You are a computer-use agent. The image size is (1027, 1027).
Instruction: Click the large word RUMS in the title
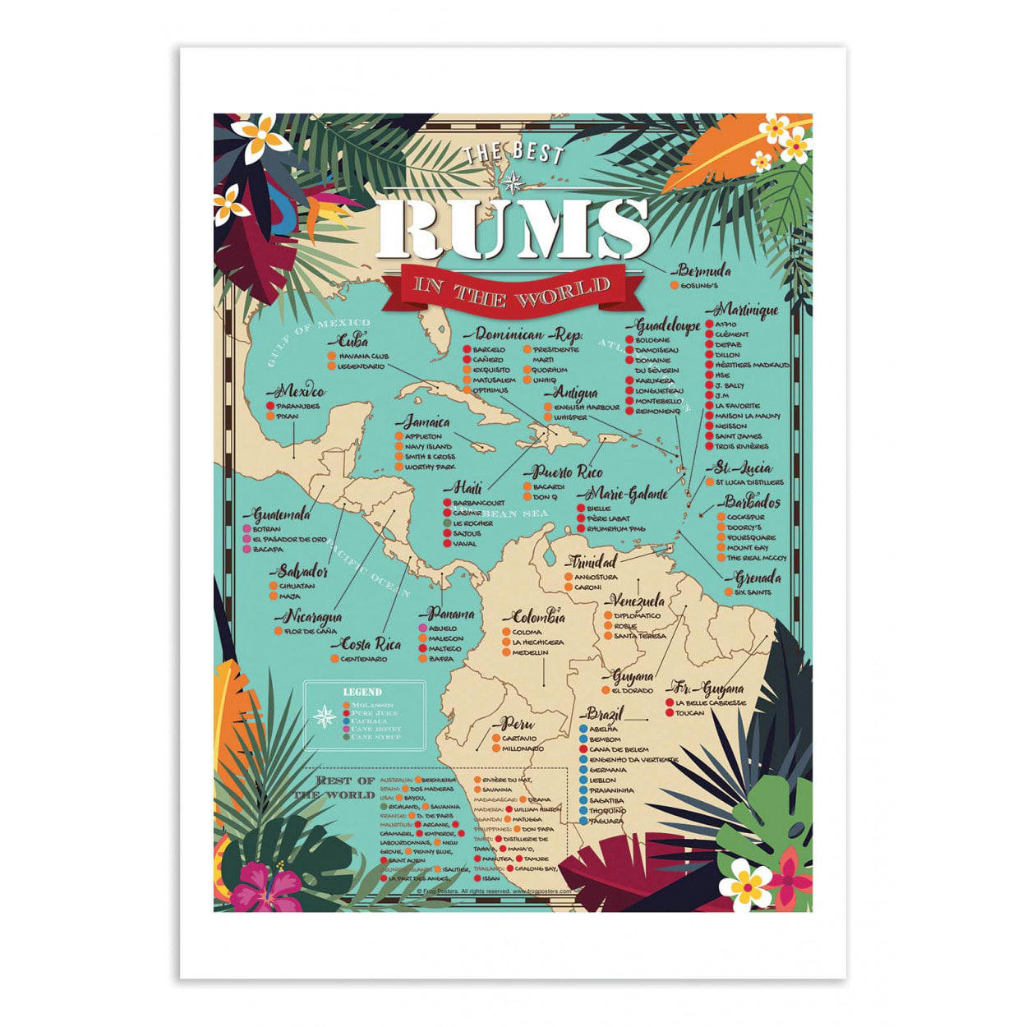point(513,228)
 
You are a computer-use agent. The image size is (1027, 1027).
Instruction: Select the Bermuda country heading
point(704,270)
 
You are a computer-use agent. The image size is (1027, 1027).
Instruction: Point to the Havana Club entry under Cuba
point(357,356)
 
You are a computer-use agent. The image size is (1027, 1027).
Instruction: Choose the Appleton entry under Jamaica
point(423,436)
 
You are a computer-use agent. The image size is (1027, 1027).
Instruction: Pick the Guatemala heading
point(282,515)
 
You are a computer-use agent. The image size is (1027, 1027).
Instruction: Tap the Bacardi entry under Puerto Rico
point(548,486)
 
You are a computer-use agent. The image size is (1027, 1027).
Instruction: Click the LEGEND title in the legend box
point(362,692)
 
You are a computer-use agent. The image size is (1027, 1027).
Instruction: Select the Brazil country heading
point(606,713)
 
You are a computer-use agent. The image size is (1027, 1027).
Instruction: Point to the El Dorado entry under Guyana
point(633,690)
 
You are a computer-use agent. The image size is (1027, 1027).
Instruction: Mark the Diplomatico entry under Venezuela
point(637,615)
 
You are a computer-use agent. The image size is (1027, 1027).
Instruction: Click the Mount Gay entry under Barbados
point(747,547)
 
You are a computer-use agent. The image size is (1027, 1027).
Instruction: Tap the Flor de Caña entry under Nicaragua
point(310,631)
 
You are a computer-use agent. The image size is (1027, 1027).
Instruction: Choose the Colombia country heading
point(539,617)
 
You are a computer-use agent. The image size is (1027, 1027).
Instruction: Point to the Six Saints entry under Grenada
point(753,592)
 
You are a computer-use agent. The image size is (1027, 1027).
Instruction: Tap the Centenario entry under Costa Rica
point(363,659)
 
